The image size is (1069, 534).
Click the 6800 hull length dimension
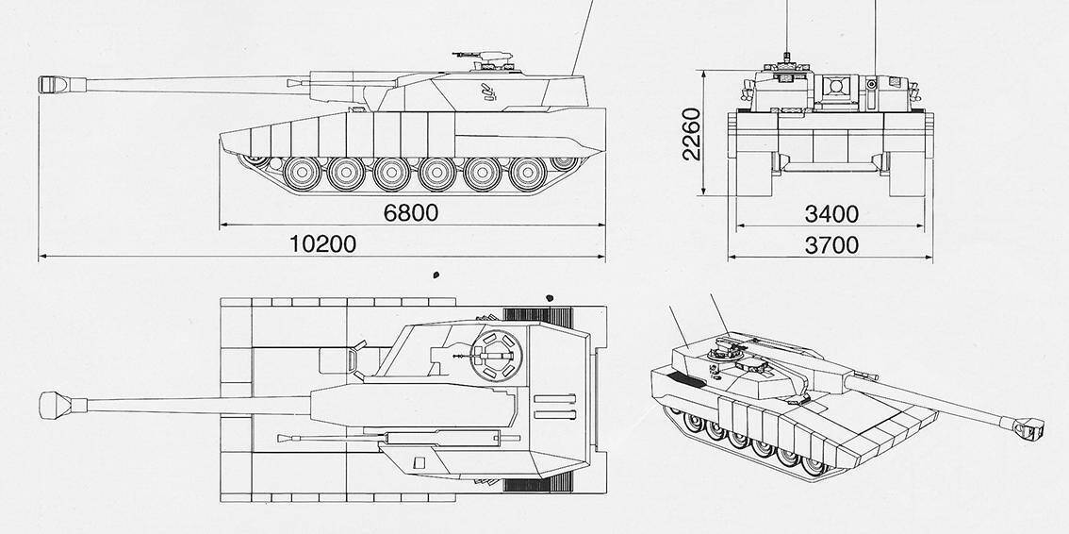pyautogui.click(x=410, y=213)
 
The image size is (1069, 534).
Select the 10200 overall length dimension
pyautogui.click(x=322, y=243)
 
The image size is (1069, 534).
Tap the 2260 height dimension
pyautogui.click(x=691, y=133)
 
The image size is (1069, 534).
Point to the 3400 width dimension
pyautogui.click(x=831, y=214)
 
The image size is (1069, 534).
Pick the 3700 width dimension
pyautogui.click(x=831, y=245)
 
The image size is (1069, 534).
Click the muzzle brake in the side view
pyautogui.click(x=53, y=85)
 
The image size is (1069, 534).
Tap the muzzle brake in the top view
pyautogui.click(x=56, y=405)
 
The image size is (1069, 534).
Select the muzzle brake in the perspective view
pyautogui.click(x=1028, y=428)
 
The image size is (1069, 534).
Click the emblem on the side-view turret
pyautogui.click(x=488, y=92)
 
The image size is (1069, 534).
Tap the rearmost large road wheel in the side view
pyautogui.click(x=528, y=174)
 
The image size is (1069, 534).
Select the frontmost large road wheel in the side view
pyautogui.click(x=302, y=174)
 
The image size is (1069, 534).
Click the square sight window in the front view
pyautogui.click(x=836, y=87)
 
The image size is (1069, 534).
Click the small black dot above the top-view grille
pyautogui.click(x=550, y=298)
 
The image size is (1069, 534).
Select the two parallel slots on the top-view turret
pyautogui.click(x=555, y=407)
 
